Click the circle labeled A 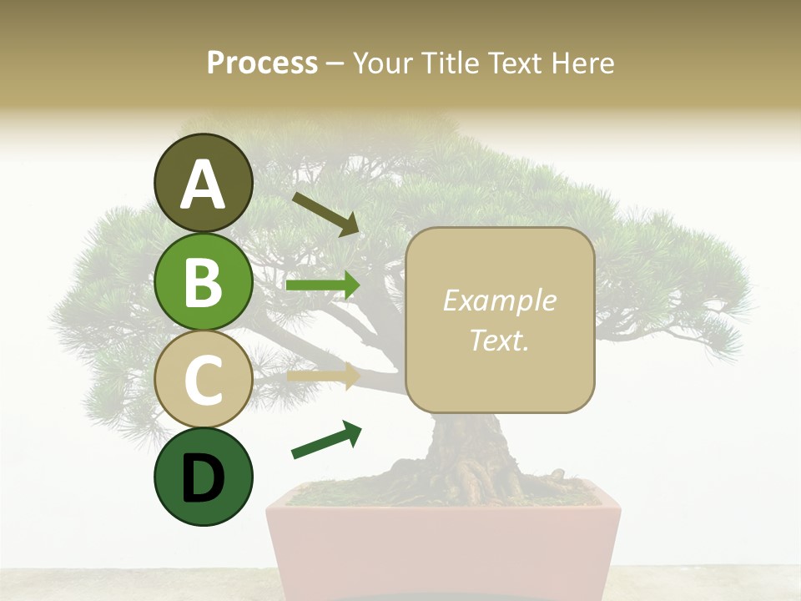(x=204, y=183)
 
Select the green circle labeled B (x=204, y=281)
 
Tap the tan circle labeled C (x=204, y=379)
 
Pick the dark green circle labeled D (x=204, y=477)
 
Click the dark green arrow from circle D (x=326, y=440)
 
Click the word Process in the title (x=262, y=63)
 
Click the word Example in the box (x=500, y=300)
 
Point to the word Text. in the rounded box (x=500, y=340)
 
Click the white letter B (x=204, y=281)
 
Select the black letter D (x=204, y=478)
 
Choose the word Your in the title (x=385, y=63)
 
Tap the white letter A (x=204, y=184)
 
